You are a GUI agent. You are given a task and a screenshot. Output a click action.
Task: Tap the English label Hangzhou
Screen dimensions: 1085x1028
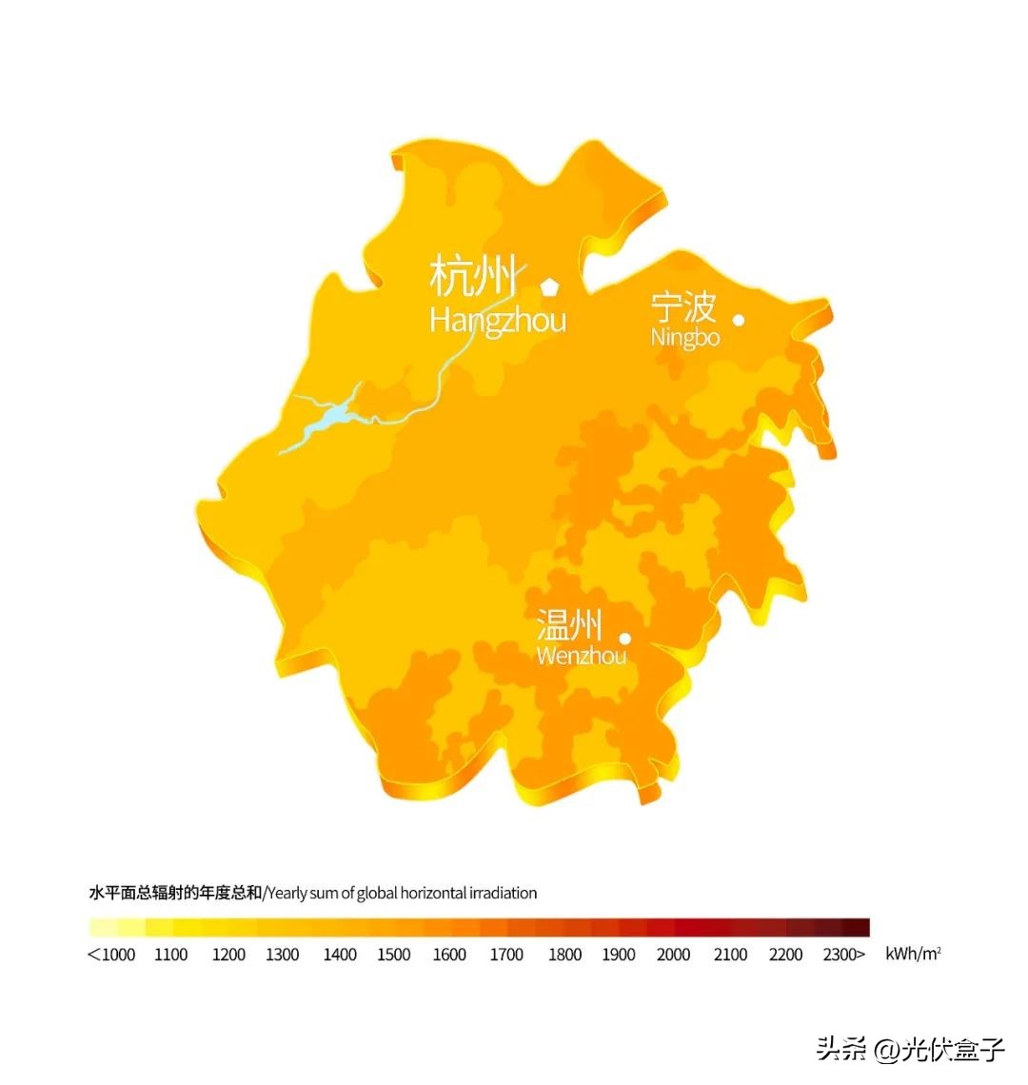coord(497,320)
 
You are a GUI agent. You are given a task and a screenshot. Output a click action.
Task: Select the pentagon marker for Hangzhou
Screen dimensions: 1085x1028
coord(549,285)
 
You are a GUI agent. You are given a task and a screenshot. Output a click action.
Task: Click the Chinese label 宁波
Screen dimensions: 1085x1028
coord(682,308)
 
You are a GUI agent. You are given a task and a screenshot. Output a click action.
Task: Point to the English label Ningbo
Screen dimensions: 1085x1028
coord(684,337)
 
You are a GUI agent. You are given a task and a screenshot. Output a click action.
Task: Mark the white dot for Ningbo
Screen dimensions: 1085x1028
coord(738,320)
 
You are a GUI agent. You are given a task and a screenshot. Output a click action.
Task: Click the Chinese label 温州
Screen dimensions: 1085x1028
coord(569,625)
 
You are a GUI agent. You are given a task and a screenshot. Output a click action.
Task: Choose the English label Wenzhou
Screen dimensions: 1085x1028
coord(581,656)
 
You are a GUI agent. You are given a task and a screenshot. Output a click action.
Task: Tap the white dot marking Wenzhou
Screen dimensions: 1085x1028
coord(625,639)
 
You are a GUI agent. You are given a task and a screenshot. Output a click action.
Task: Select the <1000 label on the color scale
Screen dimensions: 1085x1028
coord(111,955)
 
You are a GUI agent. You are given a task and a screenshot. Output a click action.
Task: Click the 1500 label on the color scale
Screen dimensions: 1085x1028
coord(393,955)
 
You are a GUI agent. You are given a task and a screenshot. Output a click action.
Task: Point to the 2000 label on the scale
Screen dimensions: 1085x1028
coord(673,955)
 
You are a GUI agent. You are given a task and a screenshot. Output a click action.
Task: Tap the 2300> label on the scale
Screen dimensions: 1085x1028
coord(844,955)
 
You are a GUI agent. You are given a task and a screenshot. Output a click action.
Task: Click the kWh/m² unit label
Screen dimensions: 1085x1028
coord(913,954)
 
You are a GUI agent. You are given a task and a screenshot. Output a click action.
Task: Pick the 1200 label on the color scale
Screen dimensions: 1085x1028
coord(228,955)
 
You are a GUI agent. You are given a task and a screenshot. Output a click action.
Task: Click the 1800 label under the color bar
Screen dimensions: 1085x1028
coord(564,955)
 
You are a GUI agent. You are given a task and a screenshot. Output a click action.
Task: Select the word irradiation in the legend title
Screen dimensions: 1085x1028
coord(505,893)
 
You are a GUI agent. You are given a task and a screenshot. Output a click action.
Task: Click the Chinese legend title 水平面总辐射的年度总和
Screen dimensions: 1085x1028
coord(174,893)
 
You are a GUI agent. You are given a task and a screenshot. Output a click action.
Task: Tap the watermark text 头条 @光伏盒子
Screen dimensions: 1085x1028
coord(909,1050)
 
